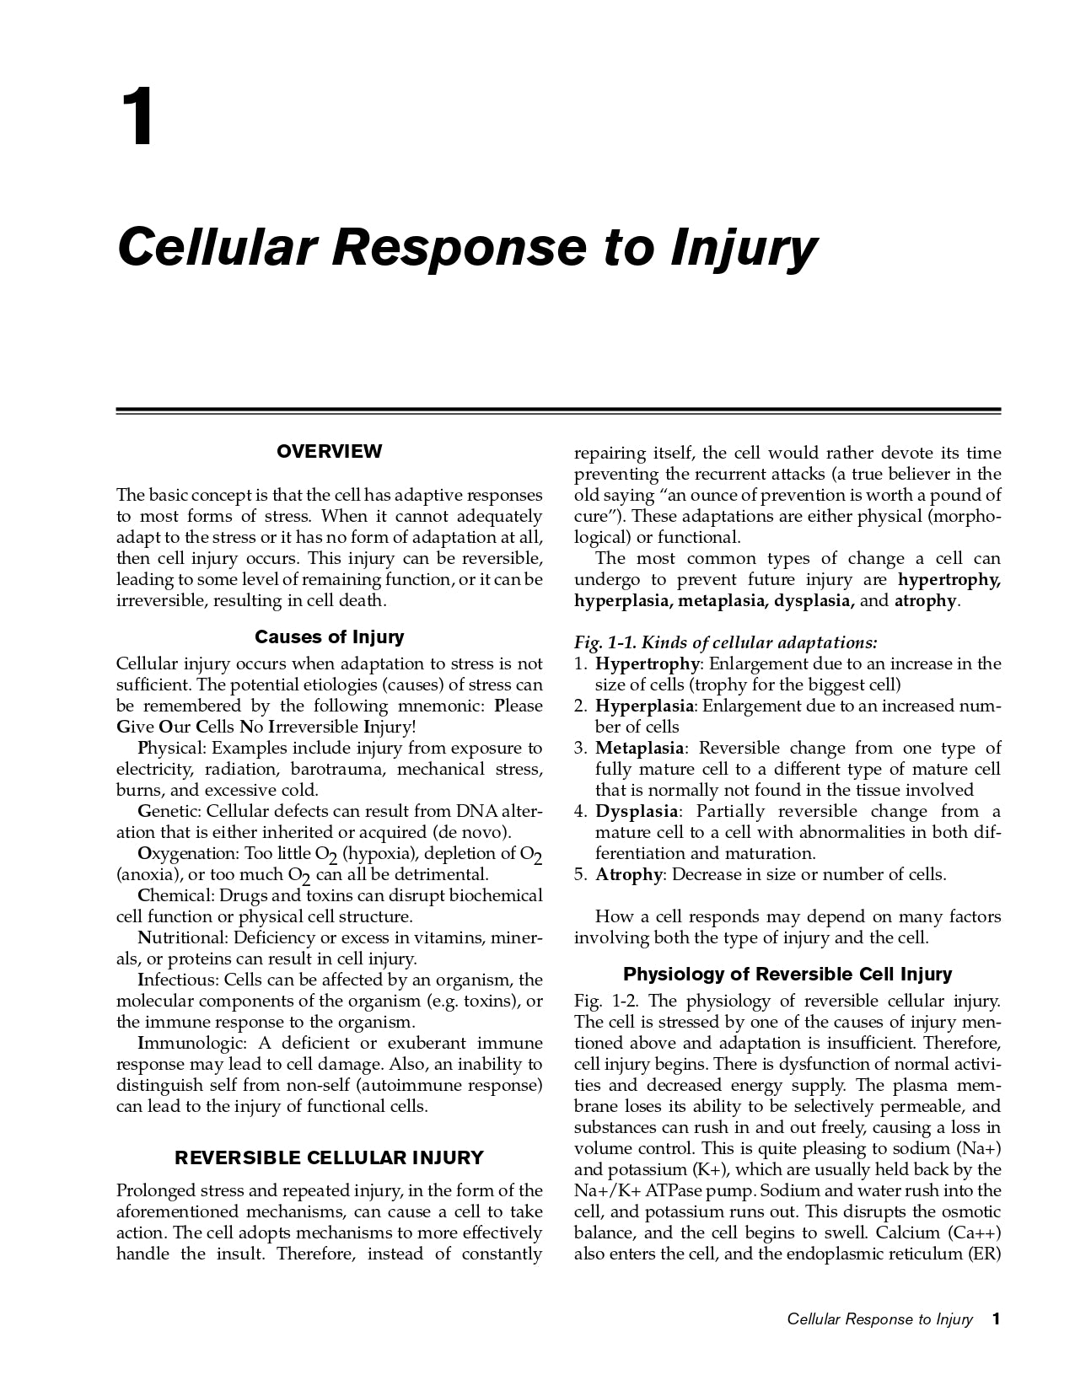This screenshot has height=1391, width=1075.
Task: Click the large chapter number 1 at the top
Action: tap(137, 119)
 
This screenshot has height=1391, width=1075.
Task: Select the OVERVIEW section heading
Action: tap(329, 452)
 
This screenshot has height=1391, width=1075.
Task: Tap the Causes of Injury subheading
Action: tap(329, 637)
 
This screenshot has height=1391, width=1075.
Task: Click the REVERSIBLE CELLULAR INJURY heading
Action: tap(329, 1157)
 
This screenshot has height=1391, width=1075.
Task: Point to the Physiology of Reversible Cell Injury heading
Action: tap(787, 975)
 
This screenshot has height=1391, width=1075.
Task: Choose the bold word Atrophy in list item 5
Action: tap(628, 875)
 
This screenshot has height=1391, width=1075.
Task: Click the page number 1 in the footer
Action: tap(996, 1319)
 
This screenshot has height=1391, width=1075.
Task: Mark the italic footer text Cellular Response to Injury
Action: tap(879, 1319)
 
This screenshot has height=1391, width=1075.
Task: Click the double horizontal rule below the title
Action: tap(558, 411)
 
